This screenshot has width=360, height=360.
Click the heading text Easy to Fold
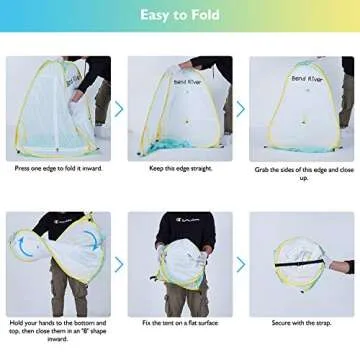point(180,15)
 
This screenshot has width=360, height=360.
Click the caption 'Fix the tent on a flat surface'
point(179,323)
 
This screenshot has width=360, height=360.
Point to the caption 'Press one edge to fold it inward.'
point(58,168)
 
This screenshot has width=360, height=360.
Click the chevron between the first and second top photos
point(119,108)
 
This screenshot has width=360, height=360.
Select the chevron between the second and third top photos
point(240,108)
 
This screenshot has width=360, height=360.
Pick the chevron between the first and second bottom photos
point(119,264)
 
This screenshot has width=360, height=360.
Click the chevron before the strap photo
point(240,264)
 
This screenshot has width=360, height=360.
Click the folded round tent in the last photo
point(298,262)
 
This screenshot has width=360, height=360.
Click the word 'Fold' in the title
point(205,15)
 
